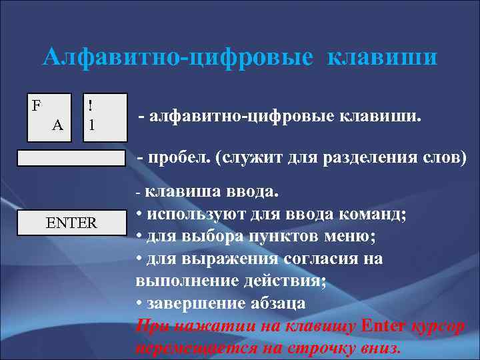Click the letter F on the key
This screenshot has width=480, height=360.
point(37,105)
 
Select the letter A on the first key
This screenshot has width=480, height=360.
point(57,125)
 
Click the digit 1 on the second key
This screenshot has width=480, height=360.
point(91,125)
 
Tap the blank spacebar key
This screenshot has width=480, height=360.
point(71,158)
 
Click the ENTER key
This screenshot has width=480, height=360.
point(71,223)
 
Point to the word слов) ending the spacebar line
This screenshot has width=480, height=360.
point(445,159)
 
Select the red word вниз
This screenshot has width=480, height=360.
point(379,347)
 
